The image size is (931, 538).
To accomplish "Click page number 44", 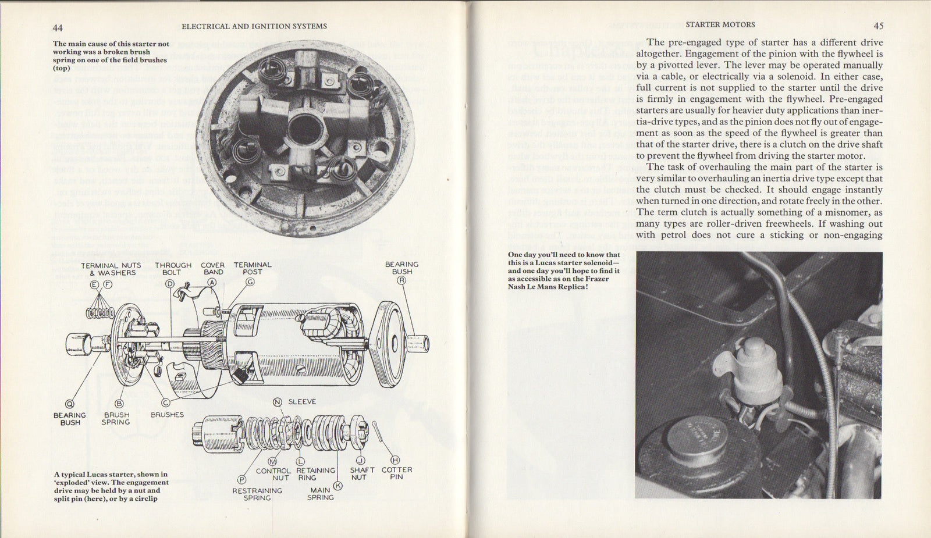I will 58,27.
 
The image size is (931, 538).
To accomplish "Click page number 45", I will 878,26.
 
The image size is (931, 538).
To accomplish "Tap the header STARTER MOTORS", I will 720,24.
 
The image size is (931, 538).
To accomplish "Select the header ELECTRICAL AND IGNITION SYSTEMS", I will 254,26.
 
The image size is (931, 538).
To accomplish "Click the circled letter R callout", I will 401,280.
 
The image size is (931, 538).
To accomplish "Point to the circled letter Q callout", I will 70,404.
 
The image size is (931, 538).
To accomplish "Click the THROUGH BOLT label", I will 173,268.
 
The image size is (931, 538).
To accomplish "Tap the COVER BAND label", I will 213,268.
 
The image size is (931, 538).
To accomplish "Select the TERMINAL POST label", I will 253,268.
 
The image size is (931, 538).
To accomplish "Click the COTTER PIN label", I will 397,473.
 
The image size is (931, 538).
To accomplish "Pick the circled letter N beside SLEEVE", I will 278,401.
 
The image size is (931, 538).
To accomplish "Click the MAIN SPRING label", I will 320,494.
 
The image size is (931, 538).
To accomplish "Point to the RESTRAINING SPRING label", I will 257,494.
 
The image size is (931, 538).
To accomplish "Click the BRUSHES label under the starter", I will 167,415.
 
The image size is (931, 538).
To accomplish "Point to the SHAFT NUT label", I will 359,473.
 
